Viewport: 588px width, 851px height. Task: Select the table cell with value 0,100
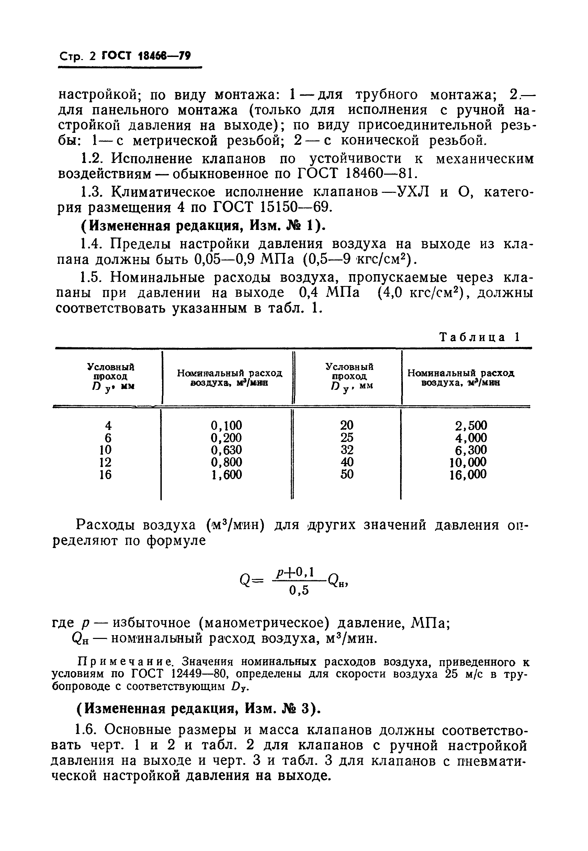pos(226,425)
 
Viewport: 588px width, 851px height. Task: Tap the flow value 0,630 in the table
pos(226,450)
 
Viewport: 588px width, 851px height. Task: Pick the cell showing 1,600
pos(226,475)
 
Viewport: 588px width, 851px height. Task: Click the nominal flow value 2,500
pos(471,425)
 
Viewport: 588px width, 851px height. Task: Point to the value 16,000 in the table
pos(468,475)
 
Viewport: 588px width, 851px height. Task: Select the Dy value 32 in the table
pos(347,450)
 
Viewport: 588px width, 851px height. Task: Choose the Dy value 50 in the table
pos(347,474)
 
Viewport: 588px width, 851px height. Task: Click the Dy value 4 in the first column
pos(108,426)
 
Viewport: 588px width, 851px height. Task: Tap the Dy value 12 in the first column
pos(105,462)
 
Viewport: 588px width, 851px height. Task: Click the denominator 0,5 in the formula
pos(298,591)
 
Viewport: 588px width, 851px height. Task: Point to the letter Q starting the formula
pos(245,581)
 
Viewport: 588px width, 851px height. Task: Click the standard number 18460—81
pos(376,173)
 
